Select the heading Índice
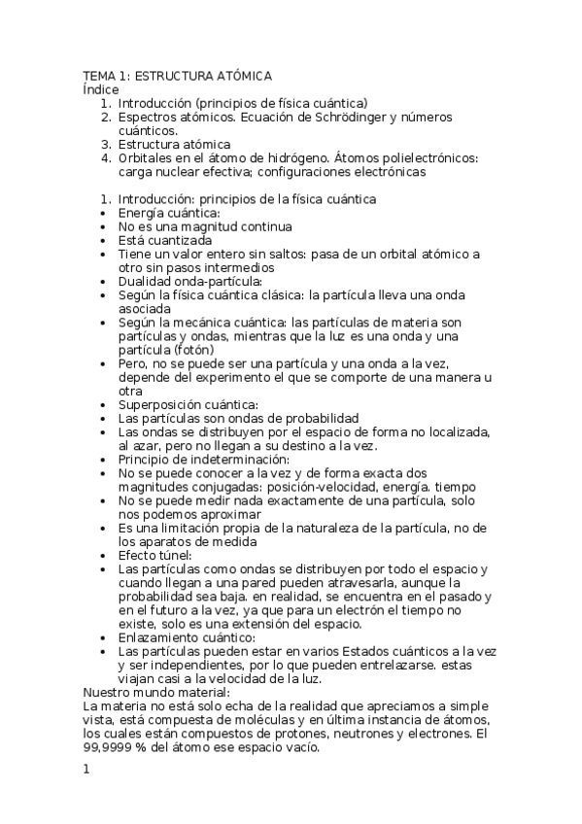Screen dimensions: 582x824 click(x=100, y=89)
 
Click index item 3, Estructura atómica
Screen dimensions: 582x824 click(x=175, y=144)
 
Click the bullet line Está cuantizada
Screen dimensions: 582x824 click(x=165, y=240)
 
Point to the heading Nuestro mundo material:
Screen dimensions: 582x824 click(x=156, y=692)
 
